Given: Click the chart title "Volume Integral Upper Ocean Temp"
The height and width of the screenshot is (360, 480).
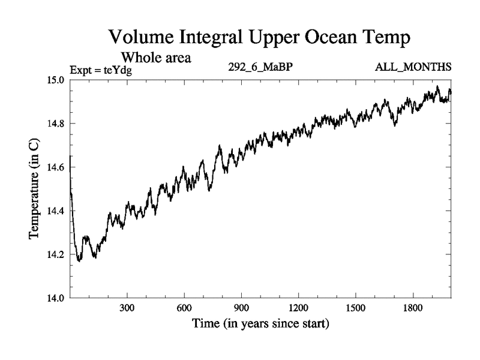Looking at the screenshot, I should tap(259, 38).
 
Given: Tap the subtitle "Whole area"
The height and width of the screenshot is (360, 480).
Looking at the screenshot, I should tap(157, 58).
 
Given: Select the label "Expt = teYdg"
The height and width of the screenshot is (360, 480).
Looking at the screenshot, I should tap(101, 70).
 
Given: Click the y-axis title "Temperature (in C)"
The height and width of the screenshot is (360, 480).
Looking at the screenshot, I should tap(35, 188).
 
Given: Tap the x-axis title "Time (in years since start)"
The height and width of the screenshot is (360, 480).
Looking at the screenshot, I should tap(260, 325).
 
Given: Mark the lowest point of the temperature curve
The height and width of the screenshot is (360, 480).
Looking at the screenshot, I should tap(79, 262).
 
